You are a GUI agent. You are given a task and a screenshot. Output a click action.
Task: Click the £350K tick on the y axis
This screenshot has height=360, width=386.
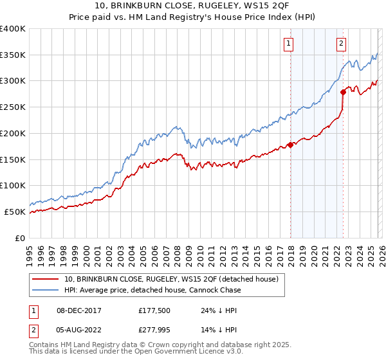(x=13, y=55)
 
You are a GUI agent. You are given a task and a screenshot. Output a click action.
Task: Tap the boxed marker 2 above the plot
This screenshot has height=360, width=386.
(x=340, y=44)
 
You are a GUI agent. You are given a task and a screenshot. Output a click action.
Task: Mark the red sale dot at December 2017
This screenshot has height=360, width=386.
(x=290, y=145)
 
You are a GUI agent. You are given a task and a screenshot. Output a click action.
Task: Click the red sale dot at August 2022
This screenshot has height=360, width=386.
(x=343, y=92)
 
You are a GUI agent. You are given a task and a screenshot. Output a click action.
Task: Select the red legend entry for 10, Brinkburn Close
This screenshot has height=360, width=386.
(x=170, y=279)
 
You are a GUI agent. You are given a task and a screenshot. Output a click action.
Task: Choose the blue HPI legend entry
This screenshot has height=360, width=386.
(x=152, y=290)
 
